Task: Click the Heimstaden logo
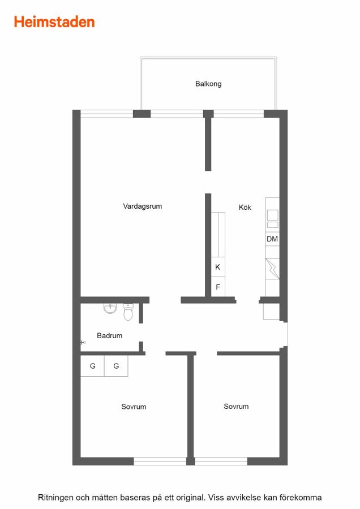(54, 22)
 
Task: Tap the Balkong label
(208, 84)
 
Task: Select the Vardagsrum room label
(142, 206)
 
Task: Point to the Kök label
(245, 207)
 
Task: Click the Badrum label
(109, 335)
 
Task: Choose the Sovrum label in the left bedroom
(134, 407)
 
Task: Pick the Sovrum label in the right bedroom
(236, 407)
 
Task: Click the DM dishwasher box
(272, 239)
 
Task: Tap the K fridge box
(218, 267)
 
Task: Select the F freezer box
(218, 287)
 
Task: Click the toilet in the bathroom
(128, 312)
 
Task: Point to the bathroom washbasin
(110, 308)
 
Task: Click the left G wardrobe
(92, 366)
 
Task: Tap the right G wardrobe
(116, 366)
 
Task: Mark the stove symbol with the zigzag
(273, 269)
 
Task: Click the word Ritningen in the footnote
(55, 498)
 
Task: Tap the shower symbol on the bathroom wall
(83, 342)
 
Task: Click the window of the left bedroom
(160, 461)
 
